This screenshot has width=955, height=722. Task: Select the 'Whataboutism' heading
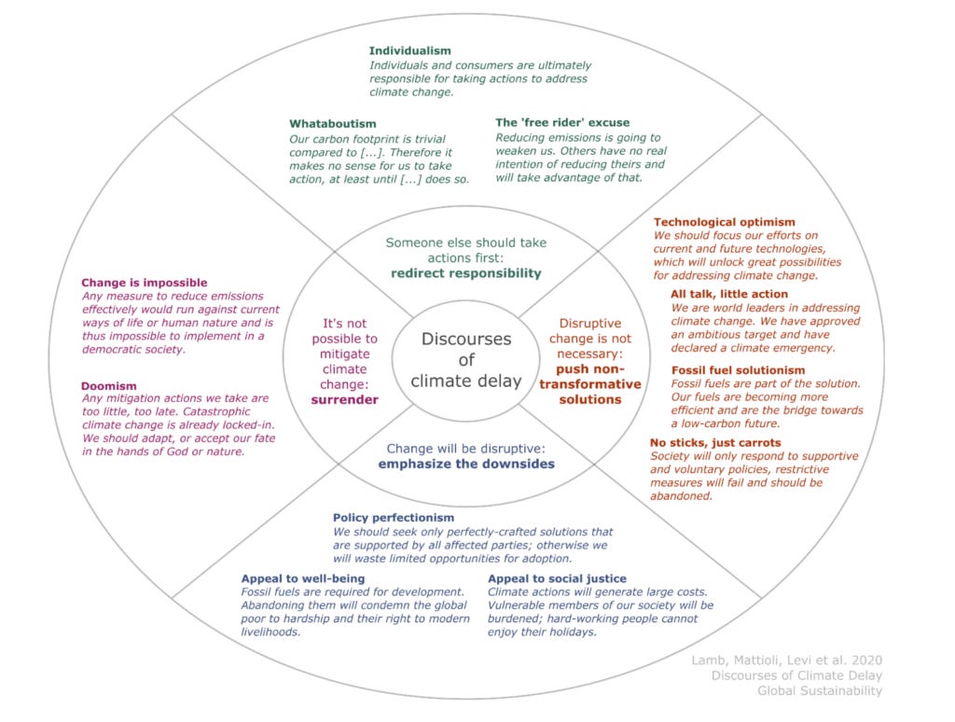coord(334,123)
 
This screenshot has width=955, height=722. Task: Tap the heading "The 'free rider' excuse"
coord(561,122)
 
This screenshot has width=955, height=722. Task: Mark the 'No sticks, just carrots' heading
coord(715,442)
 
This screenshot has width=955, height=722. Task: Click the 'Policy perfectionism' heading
coord(394,518)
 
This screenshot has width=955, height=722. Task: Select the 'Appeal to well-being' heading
coord(302,578)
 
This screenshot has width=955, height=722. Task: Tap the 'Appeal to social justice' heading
coord(557,578)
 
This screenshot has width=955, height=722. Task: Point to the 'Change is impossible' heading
coord(144,283)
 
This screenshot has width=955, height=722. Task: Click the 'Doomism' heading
coord(109,385)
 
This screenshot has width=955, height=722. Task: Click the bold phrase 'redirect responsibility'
coord(466,273)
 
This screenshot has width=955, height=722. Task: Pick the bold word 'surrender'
coord(344,399)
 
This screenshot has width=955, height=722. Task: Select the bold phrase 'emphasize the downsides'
coord(466,464)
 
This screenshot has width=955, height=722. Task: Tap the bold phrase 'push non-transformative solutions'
coord(591,384)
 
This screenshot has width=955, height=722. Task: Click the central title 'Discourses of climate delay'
coord(466,360)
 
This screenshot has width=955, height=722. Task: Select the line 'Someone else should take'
coord(466,243)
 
